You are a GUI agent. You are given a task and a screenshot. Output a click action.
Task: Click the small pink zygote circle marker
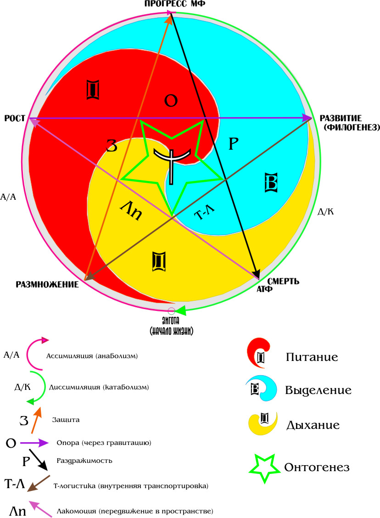(172, 310)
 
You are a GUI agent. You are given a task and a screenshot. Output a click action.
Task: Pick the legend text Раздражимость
(84, 460)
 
